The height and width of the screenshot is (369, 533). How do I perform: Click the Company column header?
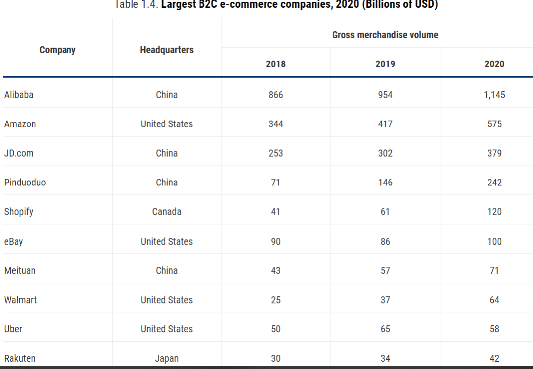[58, 50]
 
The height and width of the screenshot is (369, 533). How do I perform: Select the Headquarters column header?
[167, 50]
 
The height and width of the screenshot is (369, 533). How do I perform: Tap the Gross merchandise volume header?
[385, 35]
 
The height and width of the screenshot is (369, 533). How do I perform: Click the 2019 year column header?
[385, 64]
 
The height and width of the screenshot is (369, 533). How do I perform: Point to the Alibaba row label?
[19, 95]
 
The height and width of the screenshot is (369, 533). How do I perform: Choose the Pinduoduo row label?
[25, 183]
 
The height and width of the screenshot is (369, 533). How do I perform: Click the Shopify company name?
[19, 212]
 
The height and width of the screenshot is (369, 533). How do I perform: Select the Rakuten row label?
[20, 358]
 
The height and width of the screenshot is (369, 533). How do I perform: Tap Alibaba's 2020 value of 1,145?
[494, 95]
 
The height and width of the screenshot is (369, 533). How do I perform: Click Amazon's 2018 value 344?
[276, 124]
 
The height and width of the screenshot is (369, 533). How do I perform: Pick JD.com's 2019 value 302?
[385, 153]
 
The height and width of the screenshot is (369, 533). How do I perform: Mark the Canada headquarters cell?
[167, 212]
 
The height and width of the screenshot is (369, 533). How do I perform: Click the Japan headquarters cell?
[167, 358]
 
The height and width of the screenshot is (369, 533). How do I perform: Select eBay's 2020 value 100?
[494, 242]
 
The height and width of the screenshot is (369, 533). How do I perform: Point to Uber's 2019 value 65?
[385, 329]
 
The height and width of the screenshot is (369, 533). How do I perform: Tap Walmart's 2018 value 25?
[276, 300]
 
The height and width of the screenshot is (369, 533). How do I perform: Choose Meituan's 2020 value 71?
[494, 270]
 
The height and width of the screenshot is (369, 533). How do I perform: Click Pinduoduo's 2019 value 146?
[385, 183]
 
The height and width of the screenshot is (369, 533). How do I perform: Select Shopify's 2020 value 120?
[494, 212]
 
